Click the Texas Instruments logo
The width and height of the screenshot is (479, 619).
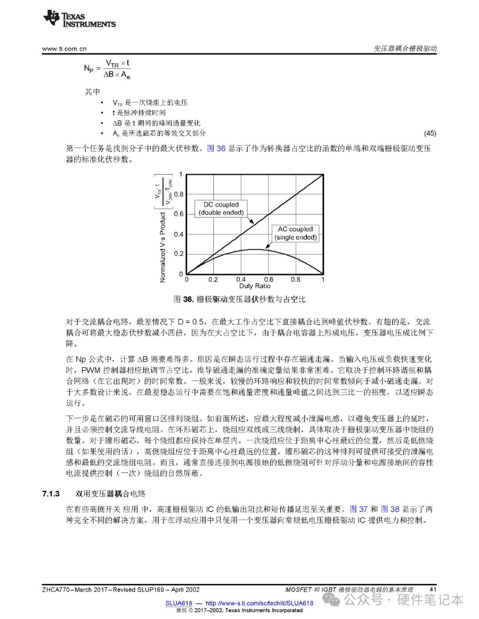tap(79, 19)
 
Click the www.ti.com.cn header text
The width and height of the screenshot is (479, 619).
tap(64, 49)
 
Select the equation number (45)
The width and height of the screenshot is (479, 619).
tap(430, 133)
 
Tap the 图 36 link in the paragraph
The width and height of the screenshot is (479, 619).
tap(216, 148)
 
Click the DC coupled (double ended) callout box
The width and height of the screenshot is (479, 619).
tap(221, 209)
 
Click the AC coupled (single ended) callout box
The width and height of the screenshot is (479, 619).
tap(295, 233)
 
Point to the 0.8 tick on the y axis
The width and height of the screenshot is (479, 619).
tap(179, 194)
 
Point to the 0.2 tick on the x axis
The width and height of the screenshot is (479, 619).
tap(213, 280)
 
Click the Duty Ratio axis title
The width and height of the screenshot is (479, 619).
tap(255, 286)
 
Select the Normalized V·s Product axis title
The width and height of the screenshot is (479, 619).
tap(163, 247)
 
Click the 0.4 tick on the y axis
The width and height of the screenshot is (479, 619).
tap(179, 234)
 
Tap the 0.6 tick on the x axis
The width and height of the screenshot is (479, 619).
tap(269, 280)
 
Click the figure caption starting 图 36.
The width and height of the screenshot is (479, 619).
tap(239, 300)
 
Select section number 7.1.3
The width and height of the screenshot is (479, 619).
tap(51, 494)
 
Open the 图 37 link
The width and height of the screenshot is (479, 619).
tap(358, 509)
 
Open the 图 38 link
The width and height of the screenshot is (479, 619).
tap(390, 509)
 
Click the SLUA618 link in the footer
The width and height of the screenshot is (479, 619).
tap(179, 603)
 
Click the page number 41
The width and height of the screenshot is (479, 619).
tap(433, 589)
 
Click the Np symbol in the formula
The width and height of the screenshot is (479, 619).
tap(89, 68)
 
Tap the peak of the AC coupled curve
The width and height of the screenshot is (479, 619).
tap(255, 249)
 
